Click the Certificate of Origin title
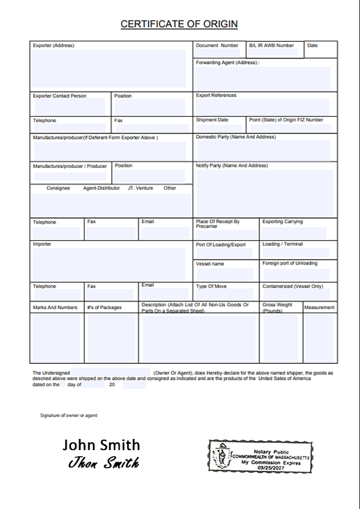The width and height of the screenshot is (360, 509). (179, 24)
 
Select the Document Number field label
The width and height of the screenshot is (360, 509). (217, 46)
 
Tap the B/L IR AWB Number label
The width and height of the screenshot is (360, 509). (271, 46)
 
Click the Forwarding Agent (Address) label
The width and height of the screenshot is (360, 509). (227, 62)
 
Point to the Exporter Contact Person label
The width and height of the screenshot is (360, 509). (60, 96)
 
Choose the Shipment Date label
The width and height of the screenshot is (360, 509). (212, 120)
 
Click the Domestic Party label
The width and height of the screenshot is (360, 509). (236, 137)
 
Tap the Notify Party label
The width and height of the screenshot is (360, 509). (231, 166)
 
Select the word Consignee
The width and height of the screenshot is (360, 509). (58, 188)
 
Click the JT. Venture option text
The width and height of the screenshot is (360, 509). (140, 188)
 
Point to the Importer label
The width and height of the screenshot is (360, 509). (42, 244)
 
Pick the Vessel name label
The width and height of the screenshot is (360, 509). (210, 264)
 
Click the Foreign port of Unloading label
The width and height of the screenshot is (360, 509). (290, 264)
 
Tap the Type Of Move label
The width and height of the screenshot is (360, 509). (212, 286)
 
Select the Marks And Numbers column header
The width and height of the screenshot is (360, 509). (55, 307)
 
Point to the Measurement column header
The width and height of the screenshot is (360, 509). (319, 307)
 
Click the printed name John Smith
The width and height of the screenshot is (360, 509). (101, 445)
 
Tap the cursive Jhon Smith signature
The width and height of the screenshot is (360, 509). (104, 463)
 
